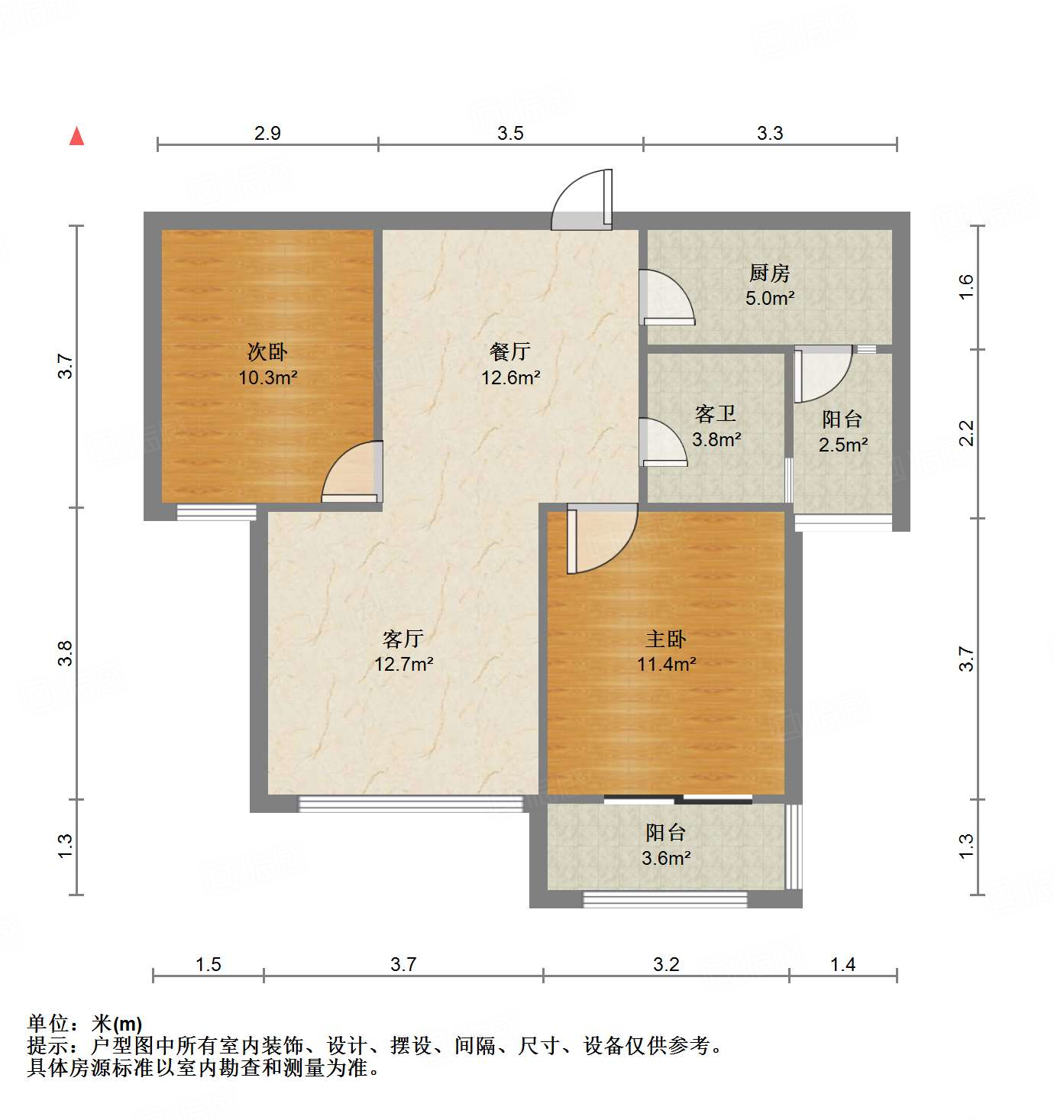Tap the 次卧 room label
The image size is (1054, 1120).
pyautogui.click(x=267, y=352)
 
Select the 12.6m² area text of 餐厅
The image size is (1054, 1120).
pyautogui.click(x=510, y=377)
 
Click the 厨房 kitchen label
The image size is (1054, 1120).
pyautogui.click(x=769, y=273)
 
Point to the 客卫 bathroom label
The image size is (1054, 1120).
pyautogui.click(x=716, y=414)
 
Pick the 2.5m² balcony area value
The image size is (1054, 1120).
pyautogui.click(x=843, y=445)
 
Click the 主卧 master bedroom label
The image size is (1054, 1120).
pyautogui.click(x=666, y=639)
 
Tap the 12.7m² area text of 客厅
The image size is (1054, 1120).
pyautogui.click(x=403, y=664)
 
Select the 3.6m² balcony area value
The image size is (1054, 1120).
pyautogui.click(x=666, y=858)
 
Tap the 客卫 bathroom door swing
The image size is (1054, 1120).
pyautogui.click(x=664, y=442)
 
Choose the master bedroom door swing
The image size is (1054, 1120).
pyautogui.click(x=600, y=539)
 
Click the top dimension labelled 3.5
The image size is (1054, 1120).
pyautogui.click(x=510, y=134)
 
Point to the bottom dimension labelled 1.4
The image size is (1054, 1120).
pyautogui.click(x=842, y=964)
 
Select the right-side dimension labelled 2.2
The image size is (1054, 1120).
pyautogui.click(x=967, y=433)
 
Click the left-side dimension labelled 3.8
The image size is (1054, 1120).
pyautogui.click(x=66, y=652)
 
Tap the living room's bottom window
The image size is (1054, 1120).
pyautogui.click(x=410, y=803)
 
